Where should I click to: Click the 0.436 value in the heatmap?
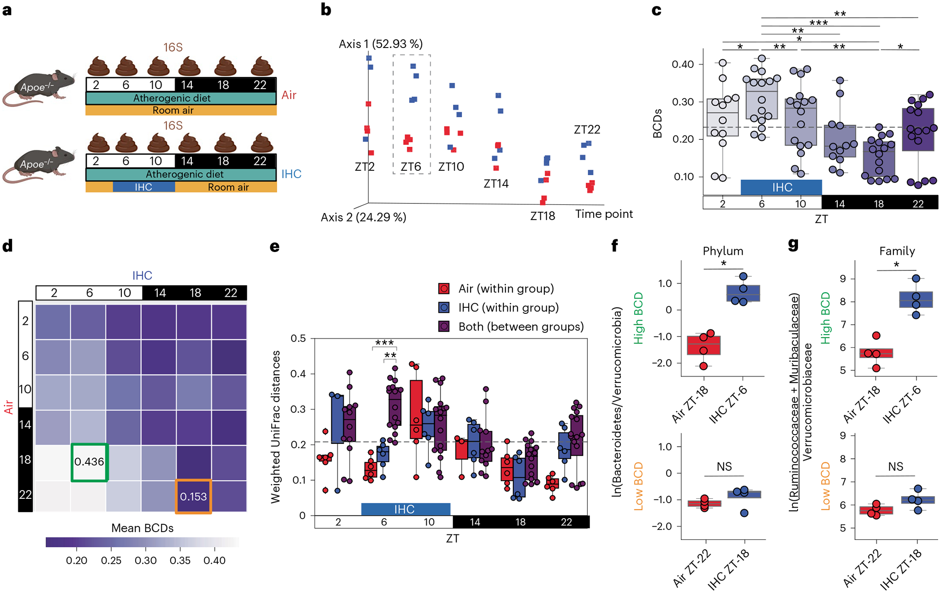[89, 461]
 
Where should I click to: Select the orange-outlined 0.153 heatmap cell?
[193, 497]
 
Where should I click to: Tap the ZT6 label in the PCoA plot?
[411, 167]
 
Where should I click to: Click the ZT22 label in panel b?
[587, 130]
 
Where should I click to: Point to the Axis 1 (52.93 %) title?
[381, 44]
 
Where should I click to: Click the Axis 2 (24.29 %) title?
[363, 217]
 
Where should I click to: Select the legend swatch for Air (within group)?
[444, 289]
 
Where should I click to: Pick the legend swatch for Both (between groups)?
[444, 327]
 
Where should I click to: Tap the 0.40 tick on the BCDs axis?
[683, 64]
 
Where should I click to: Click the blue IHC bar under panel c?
[781, 187]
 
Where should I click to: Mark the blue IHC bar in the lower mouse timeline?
[143, 187]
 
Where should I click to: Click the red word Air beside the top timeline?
[289, 95]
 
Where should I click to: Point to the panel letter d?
[7, 246]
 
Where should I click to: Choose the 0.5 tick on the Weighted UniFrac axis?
[298, 338]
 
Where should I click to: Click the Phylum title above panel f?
[723, 251]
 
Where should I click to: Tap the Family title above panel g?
[897, 251]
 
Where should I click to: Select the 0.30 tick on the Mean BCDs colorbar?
[146, 560]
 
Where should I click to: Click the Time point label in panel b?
[604, 214]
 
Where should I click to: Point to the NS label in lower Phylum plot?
[724, 467]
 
